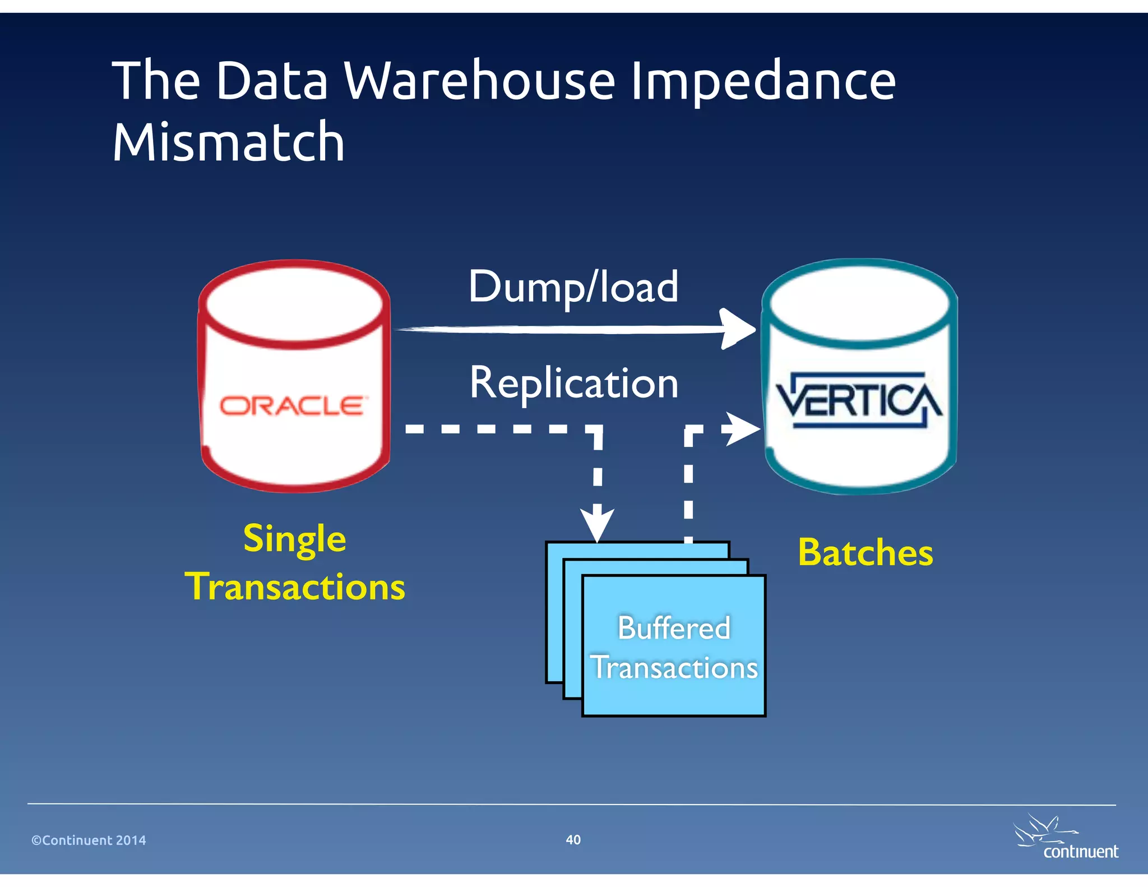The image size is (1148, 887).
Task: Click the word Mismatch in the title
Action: click(x=228, y=142)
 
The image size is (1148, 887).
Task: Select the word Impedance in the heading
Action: click(x=763, y=82)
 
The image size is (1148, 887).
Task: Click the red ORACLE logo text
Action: click(x=292, y=405)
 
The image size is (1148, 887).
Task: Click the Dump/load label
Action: click(x=573, y=287)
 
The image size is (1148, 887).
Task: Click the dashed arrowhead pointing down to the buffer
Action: click(x=598, y=523)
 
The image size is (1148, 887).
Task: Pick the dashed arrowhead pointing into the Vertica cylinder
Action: click(x=743, y=429)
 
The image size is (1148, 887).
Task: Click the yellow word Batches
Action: click(x=865, y=553)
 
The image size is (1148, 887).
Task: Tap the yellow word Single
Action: click(x=295, y=539)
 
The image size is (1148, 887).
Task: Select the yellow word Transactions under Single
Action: click(x=295, y=587)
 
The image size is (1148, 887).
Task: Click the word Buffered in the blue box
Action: click(x=674, y=627)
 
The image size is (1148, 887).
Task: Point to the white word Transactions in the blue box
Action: click(x=674, y=668)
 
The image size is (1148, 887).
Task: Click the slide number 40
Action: click(x=573, y=839)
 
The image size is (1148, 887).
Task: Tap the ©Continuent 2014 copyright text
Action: click(x=89, y=840)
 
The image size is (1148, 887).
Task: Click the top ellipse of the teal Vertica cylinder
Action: click(x=859, y=303)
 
